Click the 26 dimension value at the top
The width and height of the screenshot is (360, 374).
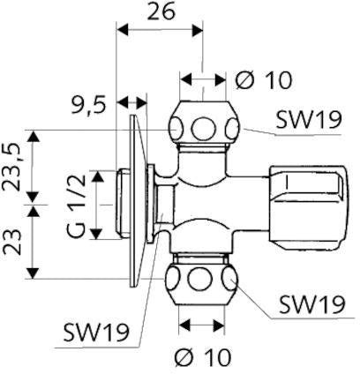click(161, 12)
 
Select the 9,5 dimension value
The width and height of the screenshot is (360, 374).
click(88, 106)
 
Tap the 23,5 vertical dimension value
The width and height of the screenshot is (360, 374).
click(12, 168)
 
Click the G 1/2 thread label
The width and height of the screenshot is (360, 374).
click(77, 206)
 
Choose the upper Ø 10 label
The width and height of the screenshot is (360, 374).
click(264, 80)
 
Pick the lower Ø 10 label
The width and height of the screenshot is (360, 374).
click(203, 357)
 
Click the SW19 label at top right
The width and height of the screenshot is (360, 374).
click(309, 120)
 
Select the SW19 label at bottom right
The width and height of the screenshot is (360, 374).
click(311, 304)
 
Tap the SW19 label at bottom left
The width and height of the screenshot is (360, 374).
click(96, 333)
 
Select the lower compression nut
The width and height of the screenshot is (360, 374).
click(201, 280)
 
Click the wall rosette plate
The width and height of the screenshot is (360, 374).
click(138, 200)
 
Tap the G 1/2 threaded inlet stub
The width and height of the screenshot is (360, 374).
click(123, 204)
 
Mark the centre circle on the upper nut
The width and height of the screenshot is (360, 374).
click(204, 129)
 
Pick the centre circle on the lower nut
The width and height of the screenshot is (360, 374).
click(200, 280)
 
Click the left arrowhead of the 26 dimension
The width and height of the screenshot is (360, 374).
click(123, 30)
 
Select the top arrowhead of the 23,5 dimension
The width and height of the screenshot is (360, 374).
click(34, 136)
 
